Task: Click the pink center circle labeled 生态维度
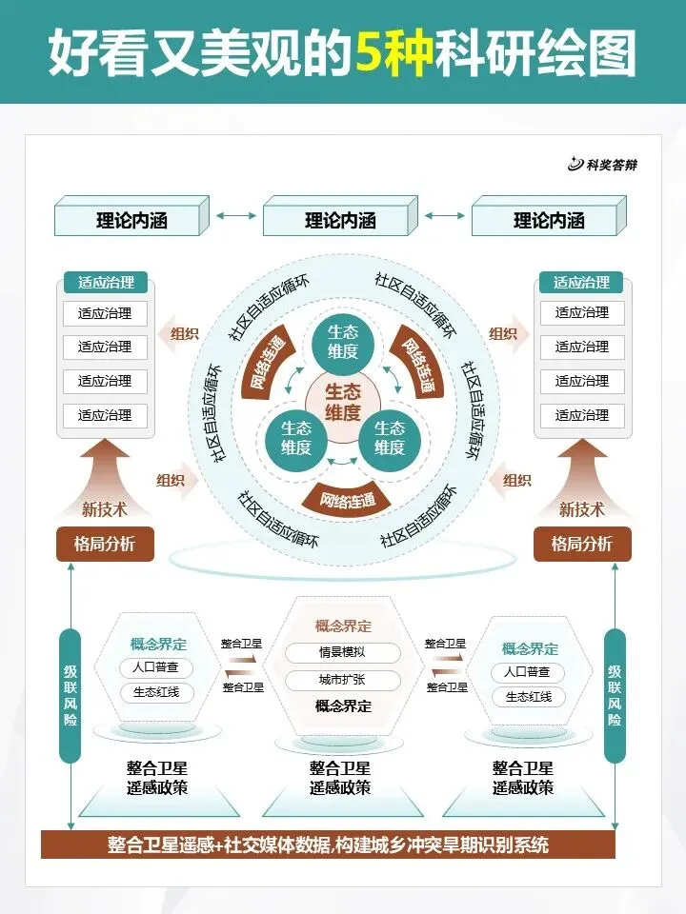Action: coord(343,402)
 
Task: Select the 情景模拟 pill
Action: coord(343,653)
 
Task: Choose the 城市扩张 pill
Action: coord(343,681)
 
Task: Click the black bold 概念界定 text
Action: coord(343,707)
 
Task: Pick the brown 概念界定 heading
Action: coord(343,626)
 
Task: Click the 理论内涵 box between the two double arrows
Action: coord(340,221)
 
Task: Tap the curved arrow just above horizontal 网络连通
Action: coord(343,463)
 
